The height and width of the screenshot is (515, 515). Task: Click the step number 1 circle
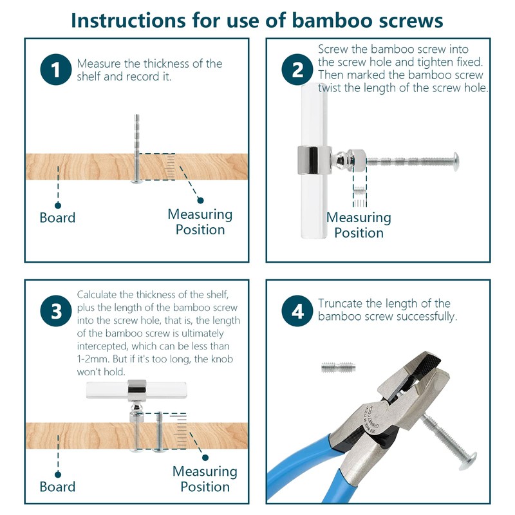pos(56,70)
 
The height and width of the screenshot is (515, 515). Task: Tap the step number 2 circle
pos(297,70)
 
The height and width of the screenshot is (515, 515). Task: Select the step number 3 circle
pos(56,311)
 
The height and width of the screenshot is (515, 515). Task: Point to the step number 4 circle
pos(297,311)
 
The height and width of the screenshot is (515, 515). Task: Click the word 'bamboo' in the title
pos(332,21)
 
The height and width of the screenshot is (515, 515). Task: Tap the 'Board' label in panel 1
pos(57,218)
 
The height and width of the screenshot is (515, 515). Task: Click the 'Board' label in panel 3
pos(57,487)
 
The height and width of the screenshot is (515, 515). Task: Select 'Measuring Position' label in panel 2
pos(359,225)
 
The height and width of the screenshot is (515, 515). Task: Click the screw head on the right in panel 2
pos(456,162)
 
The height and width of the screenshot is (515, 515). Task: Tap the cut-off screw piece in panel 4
pos(339,367)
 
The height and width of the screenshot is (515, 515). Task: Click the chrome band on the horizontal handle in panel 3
pos(136,387)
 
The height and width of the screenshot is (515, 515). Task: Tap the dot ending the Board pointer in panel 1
pos(58,205)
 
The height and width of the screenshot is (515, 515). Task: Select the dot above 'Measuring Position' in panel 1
pos(200,200)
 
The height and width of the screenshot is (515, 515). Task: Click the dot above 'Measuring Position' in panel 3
pos(205,458)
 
